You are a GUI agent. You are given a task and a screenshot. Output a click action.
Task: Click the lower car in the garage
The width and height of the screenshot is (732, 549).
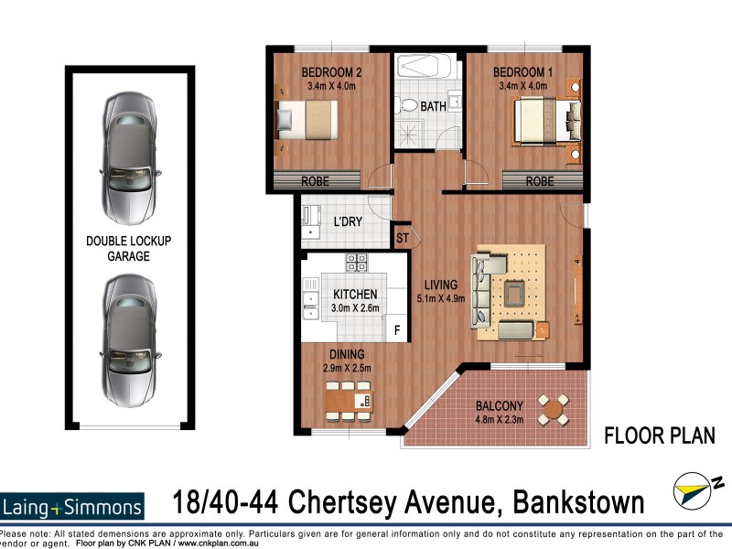tap(129, 340)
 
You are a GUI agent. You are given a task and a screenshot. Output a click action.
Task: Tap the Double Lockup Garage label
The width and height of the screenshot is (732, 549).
tap(128, 249)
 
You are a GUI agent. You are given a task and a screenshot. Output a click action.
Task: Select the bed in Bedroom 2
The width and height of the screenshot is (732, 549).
tap(307, 121)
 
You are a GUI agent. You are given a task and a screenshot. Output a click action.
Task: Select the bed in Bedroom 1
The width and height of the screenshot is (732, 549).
tap(546, 121)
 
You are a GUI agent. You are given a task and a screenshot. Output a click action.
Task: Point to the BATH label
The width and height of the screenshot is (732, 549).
tap(434, 106)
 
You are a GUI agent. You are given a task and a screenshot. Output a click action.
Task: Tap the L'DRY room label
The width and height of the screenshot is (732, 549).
tap(347, 221)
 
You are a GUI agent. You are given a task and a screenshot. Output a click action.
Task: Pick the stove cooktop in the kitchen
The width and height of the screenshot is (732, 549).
tap(356, 262)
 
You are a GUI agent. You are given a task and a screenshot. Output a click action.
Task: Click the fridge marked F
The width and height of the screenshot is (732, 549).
tap(397, 330)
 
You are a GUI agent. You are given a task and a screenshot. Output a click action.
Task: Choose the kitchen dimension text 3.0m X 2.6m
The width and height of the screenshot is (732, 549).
tap(354, 308)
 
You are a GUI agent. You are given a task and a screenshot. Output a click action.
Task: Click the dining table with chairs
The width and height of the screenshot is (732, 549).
tap(349, 400)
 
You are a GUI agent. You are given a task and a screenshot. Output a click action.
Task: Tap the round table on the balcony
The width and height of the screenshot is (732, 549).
tap(553, 408)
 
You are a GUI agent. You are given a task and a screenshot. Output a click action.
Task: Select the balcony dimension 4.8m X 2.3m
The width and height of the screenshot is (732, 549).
tap(500, 422)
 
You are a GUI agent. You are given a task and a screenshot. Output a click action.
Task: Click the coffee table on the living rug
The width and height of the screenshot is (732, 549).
tap(515, 293)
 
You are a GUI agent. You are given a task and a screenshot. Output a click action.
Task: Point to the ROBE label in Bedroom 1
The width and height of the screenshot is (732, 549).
tap(540, 182)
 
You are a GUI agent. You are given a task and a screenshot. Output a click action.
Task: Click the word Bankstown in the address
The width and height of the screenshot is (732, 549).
tap(565, 502)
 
